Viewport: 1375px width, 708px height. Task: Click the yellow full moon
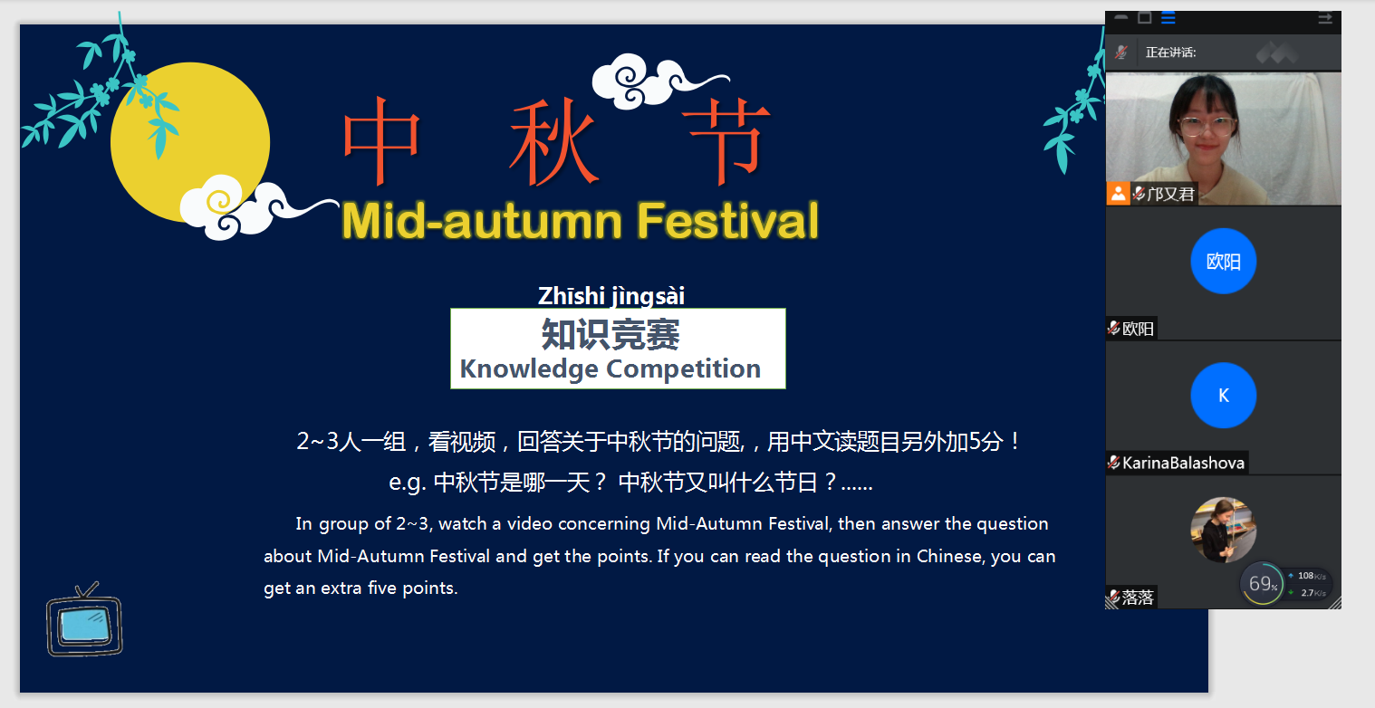click(x=189, y=142)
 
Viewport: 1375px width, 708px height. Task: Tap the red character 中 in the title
click(x=381, y=140)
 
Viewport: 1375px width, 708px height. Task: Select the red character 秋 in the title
click(x=553, y=142)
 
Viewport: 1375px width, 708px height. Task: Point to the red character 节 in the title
click(x=726, y=140)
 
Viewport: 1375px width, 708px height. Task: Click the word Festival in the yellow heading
click(x=727, y=220)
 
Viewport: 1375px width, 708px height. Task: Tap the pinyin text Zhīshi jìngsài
click(x=611, y=296)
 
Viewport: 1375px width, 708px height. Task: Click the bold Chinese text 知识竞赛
click(x=611, y=334)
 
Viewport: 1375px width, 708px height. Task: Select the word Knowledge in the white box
click(x=529, y=369)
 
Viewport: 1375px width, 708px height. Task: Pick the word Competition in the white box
click(x=684, y=369)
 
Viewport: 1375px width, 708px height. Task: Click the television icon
click(x=85, y=619)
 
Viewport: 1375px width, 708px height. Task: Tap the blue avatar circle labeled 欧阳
click(x=1224, y=262)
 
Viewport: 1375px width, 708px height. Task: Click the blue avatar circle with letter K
click(x=1224, y=396)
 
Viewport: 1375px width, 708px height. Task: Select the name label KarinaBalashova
click(x=1183, y=463)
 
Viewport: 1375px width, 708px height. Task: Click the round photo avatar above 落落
click(x=1224, y=530)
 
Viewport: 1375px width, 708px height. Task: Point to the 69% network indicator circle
click(x=1262, y=583)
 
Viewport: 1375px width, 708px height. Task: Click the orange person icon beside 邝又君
click(x=1119, y=194)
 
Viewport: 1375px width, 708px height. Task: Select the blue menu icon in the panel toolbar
click(x=1168, y=18)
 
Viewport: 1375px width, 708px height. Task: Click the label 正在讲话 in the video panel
click(x=1170, y=53)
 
